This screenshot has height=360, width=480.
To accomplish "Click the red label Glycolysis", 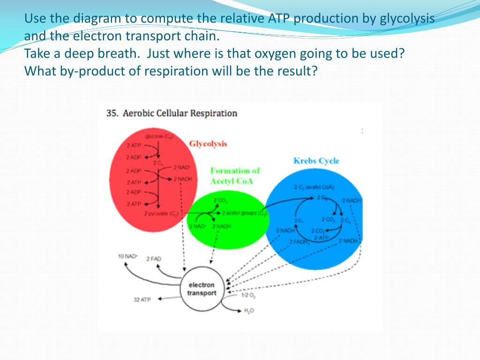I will point(208,143).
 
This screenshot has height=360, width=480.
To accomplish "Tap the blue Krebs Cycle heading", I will point(316,161).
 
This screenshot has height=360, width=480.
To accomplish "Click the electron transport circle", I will point(202,289).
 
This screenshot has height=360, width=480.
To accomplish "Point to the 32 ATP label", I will point(142,300).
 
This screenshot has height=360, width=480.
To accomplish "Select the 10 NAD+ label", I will point(127,256).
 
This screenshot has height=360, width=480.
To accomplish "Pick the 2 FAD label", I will point(154,259).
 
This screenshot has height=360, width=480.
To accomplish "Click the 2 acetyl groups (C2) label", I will point(244,213).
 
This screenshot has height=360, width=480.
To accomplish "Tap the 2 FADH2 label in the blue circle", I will point(300,242).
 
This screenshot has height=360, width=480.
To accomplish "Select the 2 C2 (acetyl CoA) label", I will point(314,187).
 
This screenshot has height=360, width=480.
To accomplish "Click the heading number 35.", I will point(112,113).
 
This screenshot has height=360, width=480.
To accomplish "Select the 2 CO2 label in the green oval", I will point(220,201).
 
